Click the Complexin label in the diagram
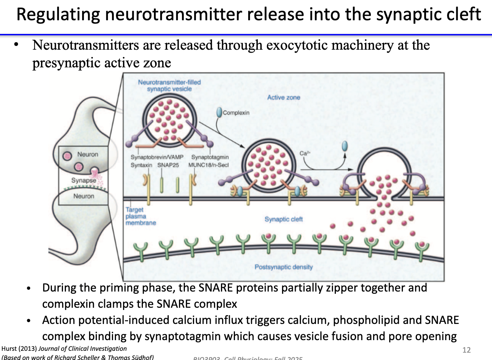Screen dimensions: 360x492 pyautogui.click(x=236, y=113)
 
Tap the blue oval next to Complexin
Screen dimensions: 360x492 pyautogui.click(x=219, y=112)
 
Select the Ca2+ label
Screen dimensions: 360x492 pyautogui.click(x=305, y=153)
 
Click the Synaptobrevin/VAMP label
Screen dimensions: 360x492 pyautogui.click(x=157, y=157)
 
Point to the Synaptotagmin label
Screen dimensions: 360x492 pyautogui.click(x=210, y=157)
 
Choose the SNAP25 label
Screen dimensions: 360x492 pyautogui.click(x=168, y=165)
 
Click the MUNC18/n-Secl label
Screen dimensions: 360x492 pyautogui.click(x=208, y=165)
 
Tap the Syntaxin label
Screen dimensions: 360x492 pyautogui.click(x=141, y=165)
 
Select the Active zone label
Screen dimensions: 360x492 pyautogui.click(x=284, y=98)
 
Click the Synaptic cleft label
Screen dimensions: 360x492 pyautogui.click(x=284, y=219)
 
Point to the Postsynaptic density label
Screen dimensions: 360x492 pyautogui.click(x=284, y=267)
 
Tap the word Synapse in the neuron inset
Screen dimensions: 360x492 pyautogui.click(x=84, y=180)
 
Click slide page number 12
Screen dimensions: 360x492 pyautogui.click(x=467, y=350)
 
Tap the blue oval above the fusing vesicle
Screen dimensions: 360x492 pyautogui.click(x=345, y=146)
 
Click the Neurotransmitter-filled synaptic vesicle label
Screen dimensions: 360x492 pyautogui.click(x=169, y=85)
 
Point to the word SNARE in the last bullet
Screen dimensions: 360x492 pyautogui.click(x=442, y=320)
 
